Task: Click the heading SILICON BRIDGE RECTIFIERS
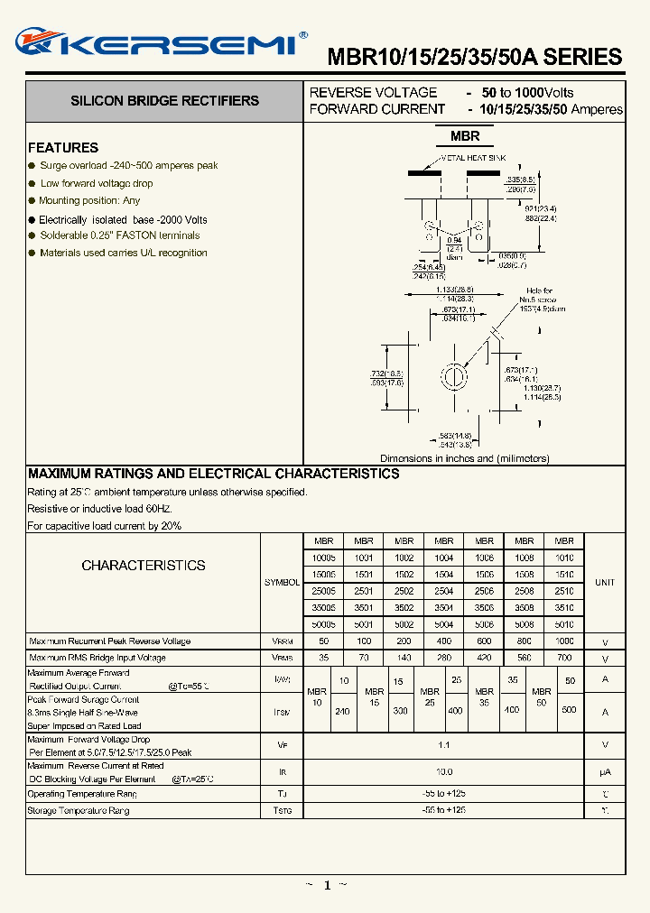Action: [164, 101]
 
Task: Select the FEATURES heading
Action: [63, 148]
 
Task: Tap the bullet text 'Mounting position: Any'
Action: [89, 201]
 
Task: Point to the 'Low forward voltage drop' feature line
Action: [97, 183]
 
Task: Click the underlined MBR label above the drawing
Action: [465, 137]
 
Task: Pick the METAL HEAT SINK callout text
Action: [473, 158]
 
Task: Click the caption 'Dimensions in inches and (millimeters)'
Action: [464, 458]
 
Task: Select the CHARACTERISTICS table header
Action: [144, 566]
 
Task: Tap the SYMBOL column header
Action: [282, 583]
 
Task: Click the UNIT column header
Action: [605, 583]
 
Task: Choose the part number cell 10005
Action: [323, 558]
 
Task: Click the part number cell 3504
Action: [443, 608]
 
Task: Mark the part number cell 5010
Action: [564, 624]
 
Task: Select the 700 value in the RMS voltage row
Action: [564, 659]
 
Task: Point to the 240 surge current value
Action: [342, 711]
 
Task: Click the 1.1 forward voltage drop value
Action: [443, 745]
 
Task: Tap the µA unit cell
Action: [605, 772]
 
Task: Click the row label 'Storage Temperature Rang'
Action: [79, 811]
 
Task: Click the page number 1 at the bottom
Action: [326, 886]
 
